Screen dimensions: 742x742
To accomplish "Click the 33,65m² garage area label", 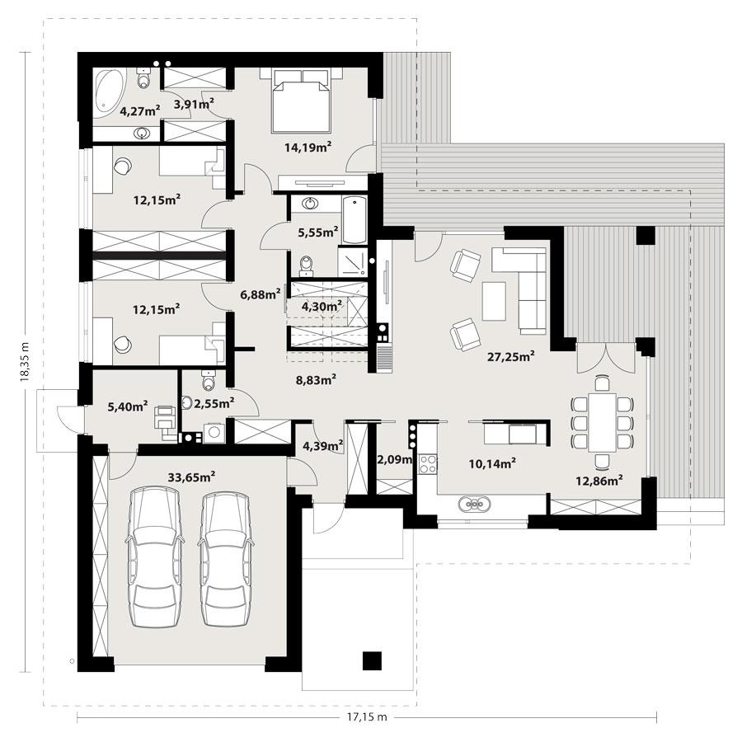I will click(191, 476).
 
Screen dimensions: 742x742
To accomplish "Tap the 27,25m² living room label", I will click(509, 356).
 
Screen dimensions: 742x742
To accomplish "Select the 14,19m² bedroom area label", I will click(308, 148).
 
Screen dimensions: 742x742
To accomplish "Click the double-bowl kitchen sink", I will click(476, 502).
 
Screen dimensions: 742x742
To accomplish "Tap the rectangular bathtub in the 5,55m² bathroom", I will click(354, 219).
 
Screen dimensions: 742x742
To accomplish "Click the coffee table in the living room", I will click(494, 301).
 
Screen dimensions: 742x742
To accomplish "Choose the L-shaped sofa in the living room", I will click(528, 284).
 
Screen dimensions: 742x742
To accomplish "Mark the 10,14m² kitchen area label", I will click(492, 463).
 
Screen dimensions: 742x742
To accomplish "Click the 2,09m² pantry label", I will click(393, 459).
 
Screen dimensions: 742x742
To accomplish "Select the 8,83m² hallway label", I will click(316, 380).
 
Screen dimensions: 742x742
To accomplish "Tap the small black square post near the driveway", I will click(374, 660).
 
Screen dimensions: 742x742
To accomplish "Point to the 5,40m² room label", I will click(128, 406).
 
